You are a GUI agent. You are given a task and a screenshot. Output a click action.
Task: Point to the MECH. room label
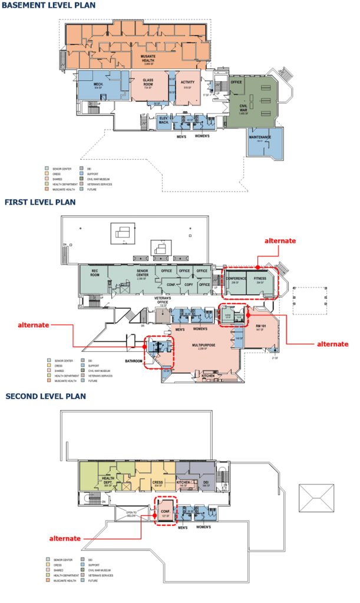coord(98,85)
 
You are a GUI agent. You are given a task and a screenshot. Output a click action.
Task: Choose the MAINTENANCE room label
coord(260,137)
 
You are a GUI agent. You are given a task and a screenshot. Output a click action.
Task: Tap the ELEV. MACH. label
coord(164,121)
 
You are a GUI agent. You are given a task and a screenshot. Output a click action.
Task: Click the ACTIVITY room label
coord(188,82)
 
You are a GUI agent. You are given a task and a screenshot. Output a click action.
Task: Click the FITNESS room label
coord(260,278)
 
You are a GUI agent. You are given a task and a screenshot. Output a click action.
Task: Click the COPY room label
coord(189,284)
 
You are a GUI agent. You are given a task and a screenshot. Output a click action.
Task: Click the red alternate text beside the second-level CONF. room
coord(64,538)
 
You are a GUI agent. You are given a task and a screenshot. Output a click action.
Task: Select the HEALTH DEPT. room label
coord(108,480)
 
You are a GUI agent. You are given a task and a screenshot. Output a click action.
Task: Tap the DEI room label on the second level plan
coord(206,482)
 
